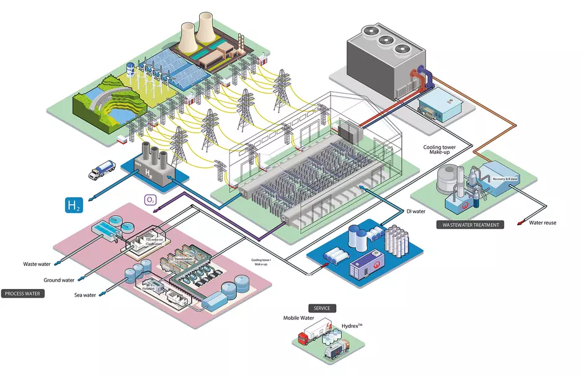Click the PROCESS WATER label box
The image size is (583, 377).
click(24, 293)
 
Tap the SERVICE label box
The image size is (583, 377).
click(322, 308)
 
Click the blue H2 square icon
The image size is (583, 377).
click(74, 205)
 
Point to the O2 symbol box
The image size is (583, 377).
click(149, 200)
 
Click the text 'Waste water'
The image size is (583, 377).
click(37, 264)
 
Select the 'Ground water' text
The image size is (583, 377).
click(59, 280)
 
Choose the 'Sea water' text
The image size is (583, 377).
click(85, 295)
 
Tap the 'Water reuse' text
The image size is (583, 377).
click(543, 223)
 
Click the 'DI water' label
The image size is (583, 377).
click(416, 211)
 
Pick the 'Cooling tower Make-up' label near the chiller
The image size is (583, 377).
click(441, 151)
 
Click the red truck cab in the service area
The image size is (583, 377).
click(304, 339)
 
